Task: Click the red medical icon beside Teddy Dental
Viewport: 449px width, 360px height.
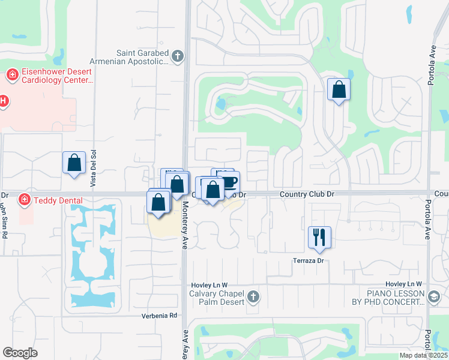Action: click(25, 199)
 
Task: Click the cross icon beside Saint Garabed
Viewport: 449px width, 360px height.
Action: click(176, 57)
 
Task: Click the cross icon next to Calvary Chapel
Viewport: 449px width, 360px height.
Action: click(253, 296)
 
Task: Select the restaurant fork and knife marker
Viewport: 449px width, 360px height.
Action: click(319, 236)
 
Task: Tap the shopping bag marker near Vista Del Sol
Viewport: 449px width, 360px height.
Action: click(74, 163)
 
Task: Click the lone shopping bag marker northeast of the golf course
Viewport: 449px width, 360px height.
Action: click(339, 89)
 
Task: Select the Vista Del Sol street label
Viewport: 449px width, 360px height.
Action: click(93, 167)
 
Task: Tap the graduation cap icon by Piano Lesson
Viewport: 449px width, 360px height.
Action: click(434, 296)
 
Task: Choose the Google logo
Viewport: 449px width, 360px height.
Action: click(20, 353)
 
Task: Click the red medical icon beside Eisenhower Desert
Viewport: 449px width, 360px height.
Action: click(11, 76)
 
